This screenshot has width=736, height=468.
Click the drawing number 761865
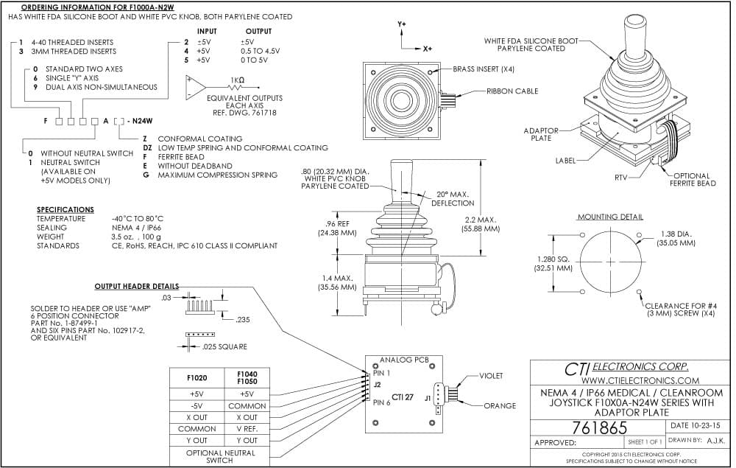click(x=599, y=428)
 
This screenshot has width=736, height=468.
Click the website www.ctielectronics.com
click(x=640, y=380)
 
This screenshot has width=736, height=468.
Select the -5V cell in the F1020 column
click(x=197, y=406)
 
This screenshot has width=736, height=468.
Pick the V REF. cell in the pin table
click(x=247, y=429)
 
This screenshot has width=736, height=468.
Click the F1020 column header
click(x=197, y=378)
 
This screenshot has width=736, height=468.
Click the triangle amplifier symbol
click(x=195, y=88)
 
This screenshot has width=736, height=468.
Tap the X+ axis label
click(x=427, y=49)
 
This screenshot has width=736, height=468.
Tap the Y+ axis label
click(x=402, y=24)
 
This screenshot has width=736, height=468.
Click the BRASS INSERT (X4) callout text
click(x=484, y=69)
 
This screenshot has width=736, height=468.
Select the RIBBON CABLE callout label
click(x=512, y=91)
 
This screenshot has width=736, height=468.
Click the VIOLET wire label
click(x=491, y=376)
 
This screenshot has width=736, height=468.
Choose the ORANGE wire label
click(x=500, y=405)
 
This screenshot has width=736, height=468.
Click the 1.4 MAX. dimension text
click(x=338, y=278)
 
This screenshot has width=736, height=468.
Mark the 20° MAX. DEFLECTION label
click(x=453, y=199)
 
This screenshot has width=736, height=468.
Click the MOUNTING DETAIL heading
click(x=610, y=217)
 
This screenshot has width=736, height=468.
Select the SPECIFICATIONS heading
click(x=66, y=209)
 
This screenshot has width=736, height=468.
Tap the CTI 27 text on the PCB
click(x=403, y=397)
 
